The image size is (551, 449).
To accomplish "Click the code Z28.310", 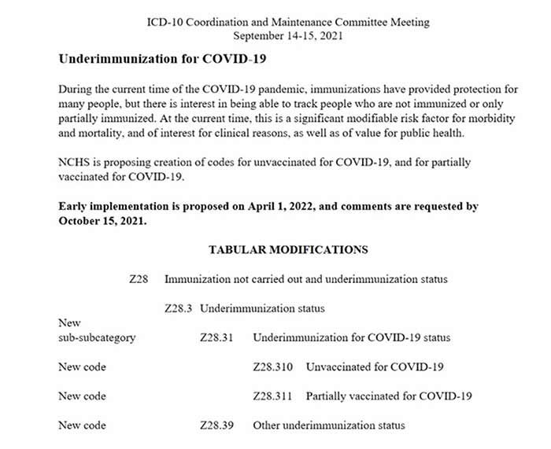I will coord(274,367).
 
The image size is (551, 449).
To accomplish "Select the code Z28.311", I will coord(274,396).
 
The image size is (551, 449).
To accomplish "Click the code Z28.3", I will coord(179,308).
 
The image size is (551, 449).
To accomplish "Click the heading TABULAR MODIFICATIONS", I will coord(287,250).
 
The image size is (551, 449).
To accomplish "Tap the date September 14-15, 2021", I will coord(288,35).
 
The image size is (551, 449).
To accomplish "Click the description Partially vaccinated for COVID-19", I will coord(389,396).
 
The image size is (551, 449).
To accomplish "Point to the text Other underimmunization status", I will coord(328,425).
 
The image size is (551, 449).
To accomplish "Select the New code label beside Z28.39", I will coord(82,425).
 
